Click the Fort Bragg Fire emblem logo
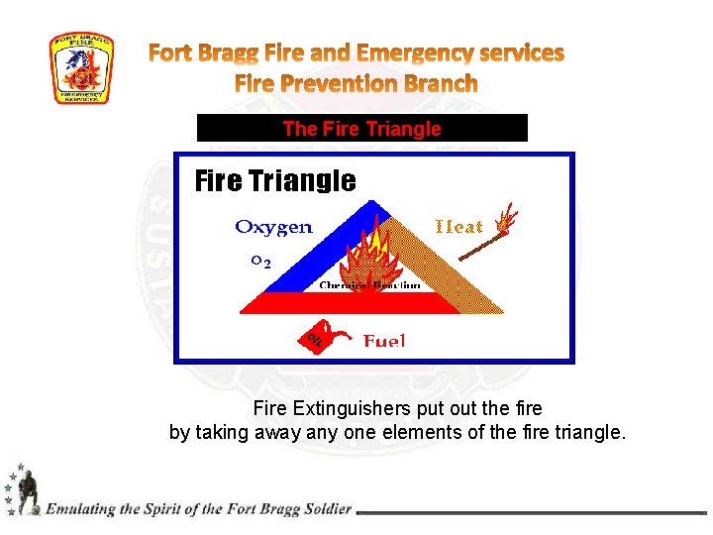click(x=81, y=68)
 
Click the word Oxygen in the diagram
click(x=273, y=227)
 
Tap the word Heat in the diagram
click(x=459, y=227)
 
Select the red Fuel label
click(x=384, y=341)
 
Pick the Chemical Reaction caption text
click(x=369, y=285)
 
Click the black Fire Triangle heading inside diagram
click(x=275, y=180)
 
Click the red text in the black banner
click(x=361, y=128)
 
